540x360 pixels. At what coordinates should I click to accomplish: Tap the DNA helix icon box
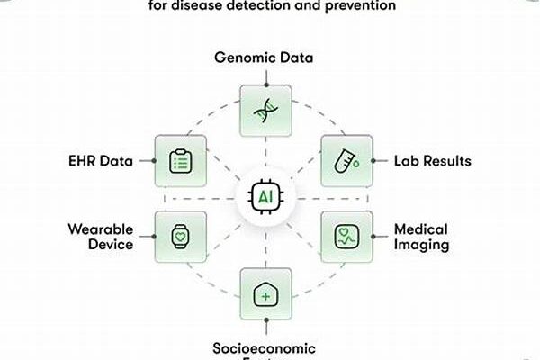point(265,111)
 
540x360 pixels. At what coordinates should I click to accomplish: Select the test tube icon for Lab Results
point(347,161)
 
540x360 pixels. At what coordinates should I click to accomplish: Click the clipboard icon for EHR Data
point(180,161)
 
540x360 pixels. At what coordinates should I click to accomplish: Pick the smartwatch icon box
point(180,237)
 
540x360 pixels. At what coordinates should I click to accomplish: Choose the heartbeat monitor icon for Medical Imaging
point(347,237)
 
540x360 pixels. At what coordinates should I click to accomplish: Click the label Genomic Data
point(264,58)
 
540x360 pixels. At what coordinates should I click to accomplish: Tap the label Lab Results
point(430,162)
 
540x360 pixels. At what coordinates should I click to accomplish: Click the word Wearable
point(100,229)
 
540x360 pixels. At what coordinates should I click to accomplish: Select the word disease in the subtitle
point(208,5)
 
